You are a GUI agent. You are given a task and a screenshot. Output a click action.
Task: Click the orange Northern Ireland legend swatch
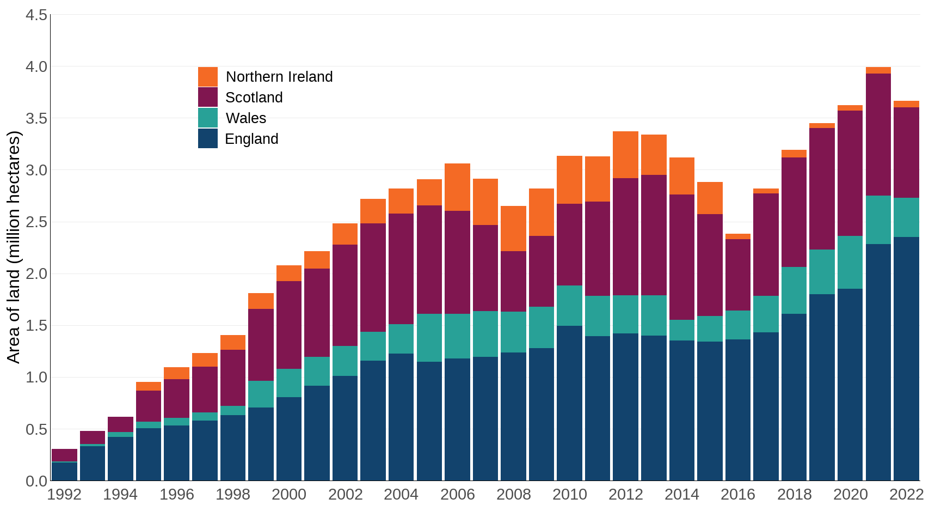207,77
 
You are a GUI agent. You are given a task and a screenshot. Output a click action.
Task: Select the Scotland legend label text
254,98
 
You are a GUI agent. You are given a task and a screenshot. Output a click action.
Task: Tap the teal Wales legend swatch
207,118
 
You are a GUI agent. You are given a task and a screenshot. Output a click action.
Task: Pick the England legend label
251,139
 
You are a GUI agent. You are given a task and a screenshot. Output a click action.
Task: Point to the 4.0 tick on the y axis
36,66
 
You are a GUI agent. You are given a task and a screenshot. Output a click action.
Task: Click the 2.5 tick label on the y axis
36,222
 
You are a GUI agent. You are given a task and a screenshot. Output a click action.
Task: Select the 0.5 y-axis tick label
36,429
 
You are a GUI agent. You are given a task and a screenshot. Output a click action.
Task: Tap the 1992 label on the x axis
64,494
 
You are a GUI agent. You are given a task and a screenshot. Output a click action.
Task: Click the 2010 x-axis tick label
570,494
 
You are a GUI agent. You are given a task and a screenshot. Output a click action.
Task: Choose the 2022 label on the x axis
906,494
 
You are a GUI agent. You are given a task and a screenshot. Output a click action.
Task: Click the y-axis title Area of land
14,247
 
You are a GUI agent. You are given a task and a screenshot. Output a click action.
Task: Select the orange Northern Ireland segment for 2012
625,155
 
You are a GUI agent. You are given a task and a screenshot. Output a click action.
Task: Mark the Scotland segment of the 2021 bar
878,135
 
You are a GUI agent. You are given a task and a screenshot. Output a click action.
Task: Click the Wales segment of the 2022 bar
906,217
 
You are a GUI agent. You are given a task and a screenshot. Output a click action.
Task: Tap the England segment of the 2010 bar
569,403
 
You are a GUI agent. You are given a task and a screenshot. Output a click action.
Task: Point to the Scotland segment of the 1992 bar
64,455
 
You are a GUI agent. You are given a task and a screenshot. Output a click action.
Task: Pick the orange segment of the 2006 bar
457,187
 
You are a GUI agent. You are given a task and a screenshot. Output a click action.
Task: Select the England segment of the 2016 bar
737,410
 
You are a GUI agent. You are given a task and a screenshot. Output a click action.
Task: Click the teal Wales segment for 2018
793,290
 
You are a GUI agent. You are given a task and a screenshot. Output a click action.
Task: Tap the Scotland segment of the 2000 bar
289,325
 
